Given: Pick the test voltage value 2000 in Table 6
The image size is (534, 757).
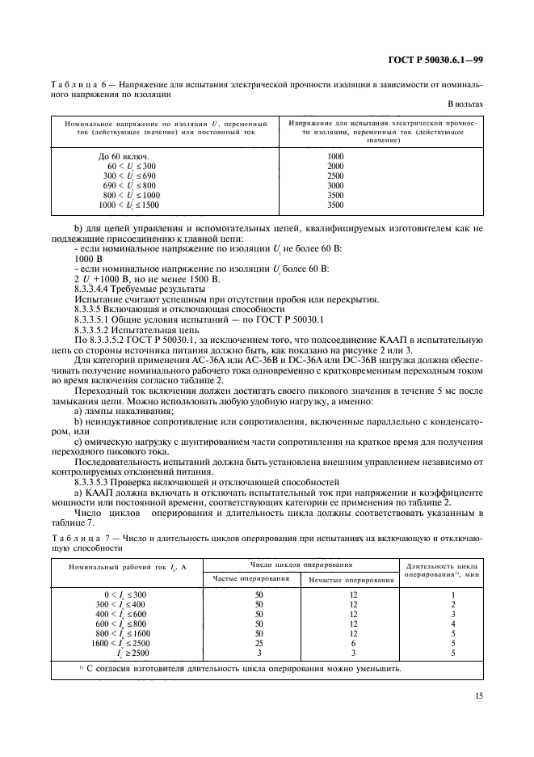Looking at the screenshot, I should coord(335,165).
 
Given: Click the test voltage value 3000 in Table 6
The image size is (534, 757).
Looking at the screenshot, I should coord(335,185).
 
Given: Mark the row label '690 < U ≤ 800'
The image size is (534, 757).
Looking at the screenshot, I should coord(128,185).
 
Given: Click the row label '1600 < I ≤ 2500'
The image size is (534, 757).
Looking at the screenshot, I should coord(120,643).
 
